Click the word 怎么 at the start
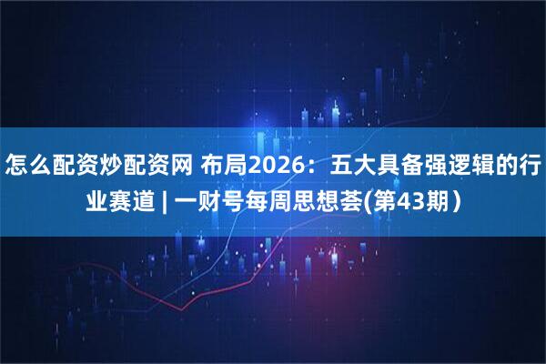[28, 166]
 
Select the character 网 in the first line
[179, 166]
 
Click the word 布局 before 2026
[222, 166]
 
